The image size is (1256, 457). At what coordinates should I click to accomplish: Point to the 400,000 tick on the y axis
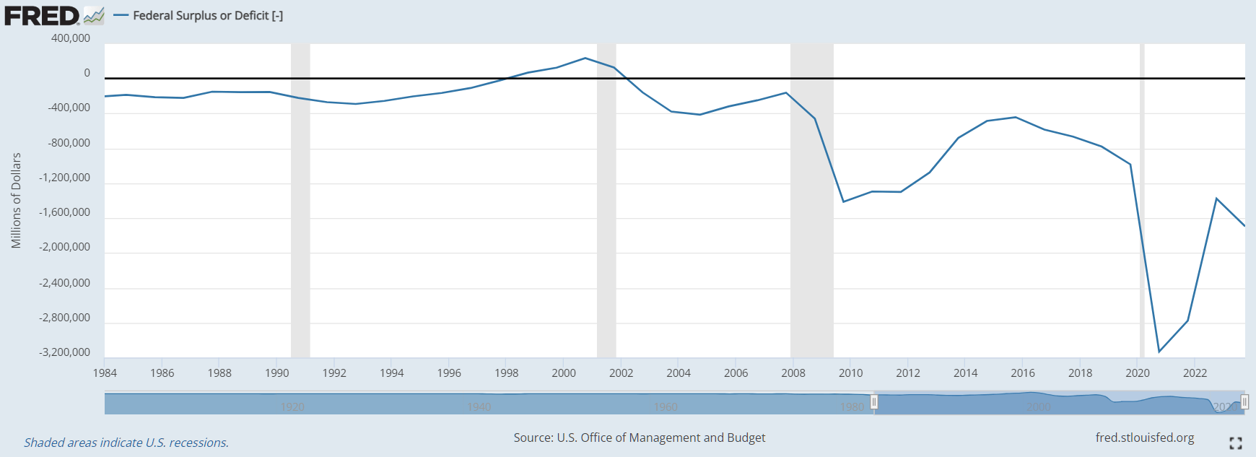point(71,38)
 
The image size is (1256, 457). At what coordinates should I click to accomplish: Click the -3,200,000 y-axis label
point(65,352)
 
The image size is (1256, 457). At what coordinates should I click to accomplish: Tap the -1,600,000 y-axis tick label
point(65,212)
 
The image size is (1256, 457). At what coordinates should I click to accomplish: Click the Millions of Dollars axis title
point(16,201)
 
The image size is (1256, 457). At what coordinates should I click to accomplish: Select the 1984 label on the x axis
point(105,373)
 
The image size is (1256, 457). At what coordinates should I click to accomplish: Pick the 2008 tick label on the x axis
point(793,373)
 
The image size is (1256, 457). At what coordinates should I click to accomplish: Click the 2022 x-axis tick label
point(1195,373)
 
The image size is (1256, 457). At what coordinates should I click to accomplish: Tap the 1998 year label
point(506,373)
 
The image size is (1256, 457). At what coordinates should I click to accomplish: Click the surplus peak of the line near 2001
point(585,58)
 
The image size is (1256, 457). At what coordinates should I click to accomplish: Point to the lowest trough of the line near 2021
point(1159,352)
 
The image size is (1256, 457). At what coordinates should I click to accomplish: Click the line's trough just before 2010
point(844,201)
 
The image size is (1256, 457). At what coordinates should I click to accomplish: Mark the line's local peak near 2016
point(1016,117)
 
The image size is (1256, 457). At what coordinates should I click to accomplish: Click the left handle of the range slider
point(874,401)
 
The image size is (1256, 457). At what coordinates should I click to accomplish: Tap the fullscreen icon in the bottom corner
point(1235,443)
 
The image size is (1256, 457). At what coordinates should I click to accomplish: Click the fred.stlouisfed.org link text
point(1144,438)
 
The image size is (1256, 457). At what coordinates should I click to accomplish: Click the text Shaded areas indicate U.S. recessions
point(126,443)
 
